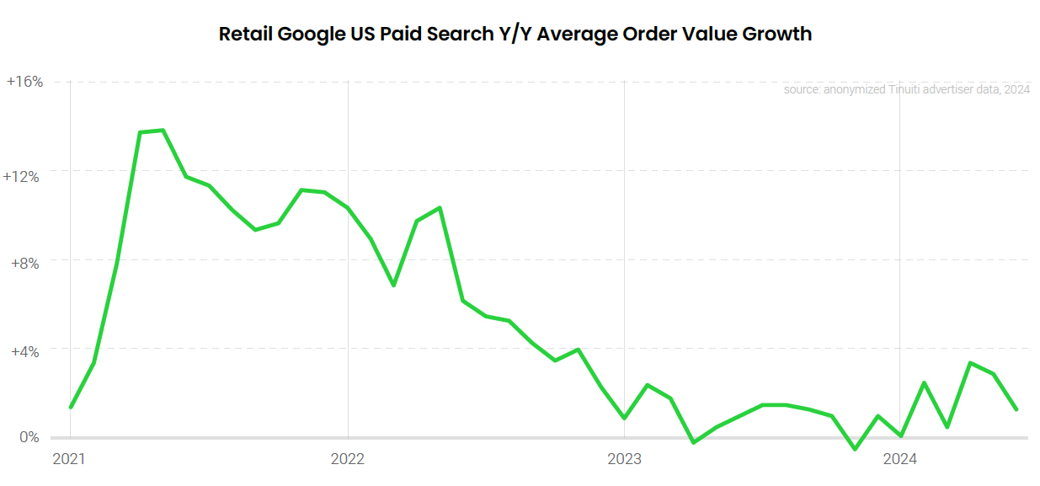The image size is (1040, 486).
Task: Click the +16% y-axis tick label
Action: (24, 82)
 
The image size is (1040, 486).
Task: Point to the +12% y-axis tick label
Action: (22, 177)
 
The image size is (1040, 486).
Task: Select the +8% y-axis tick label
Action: (25, 263)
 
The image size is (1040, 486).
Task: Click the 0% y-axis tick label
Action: (29, 437)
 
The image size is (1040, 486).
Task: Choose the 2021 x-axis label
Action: (70, 459)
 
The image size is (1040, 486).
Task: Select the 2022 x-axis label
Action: (348, 459)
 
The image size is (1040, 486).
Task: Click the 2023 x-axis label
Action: (624, 459)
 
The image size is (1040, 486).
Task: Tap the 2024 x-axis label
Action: (899, 459)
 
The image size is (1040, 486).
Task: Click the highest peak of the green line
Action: (163, 131)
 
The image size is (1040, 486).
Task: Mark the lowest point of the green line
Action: (855, 449)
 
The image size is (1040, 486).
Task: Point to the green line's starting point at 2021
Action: (71, 407)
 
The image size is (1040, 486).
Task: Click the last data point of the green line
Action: (1016, 409)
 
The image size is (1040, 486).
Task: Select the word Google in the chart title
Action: (309, 35)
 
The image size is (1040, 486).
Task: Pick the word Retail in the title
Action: (245, 35)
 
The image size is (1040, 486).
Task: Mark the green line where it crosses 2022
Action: (348, 207)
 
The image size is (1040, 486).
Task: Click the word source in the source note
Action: (800, 89)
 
